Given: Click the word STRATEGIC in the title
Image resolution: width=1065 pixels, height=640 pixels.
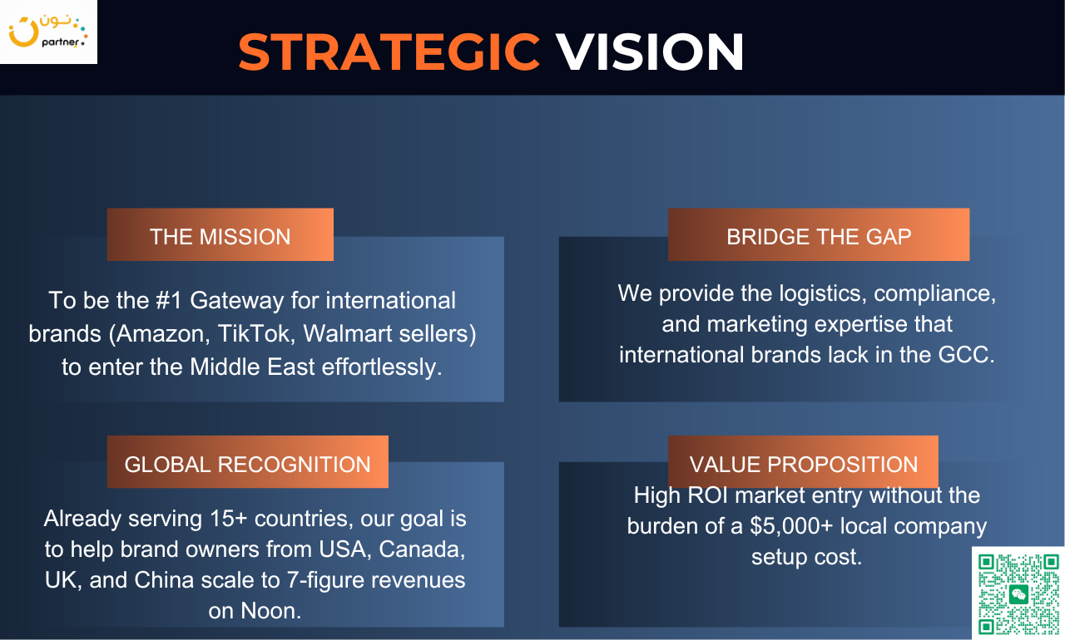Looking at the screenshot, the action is click(389, 52).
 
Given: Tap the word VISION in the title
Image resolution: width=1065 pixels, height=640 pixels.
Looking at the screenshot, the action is click(650, 52).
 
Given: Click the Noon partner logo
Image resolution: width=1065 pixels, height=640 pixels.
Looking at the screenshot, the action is click(48, 32).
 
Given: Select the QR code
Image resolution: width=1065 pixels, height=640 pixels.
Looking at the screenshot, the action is click(1018, 594).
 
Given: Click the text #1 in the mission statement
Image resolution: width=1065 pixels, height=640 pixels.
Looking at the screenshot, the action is click(168, 301).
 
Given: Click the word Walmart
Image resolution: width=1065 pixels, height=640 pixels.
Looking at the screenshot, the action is click(348, 334).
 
